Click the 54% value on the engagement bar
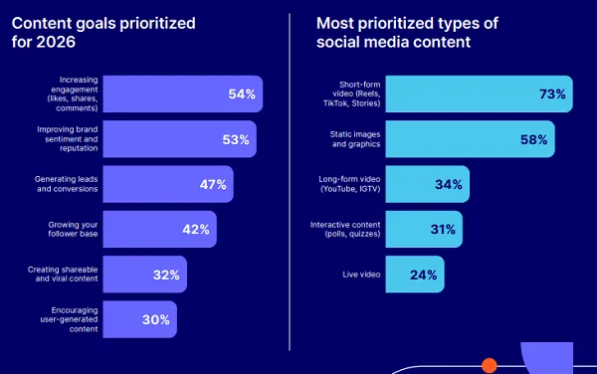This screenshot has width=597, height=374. point(242,94)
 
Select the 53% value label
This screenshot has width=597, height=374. point(236,139)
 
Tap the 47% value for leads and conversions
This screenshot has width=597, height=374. point(212,184)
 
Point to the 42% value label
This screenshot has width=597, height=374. point(195,230)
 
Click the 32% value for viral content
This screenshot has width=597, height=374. point(165,275)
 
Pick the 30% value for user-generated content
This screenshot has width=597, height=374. point(155,320)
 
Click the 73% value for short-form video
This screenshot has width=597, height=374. point(551,94)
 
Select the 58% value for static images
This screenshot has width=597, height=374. point(533,139)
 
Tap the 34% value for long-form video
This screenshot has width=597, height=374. point(449,184)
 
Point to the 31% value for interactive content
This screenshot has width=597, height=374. point(442,230)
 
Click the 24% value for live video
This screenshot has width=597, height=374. point(424,275)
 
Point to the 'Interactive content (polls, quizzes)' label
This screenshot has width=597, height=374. point(341,230)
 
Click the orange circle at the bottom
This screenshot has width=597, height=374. point(489,366)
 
